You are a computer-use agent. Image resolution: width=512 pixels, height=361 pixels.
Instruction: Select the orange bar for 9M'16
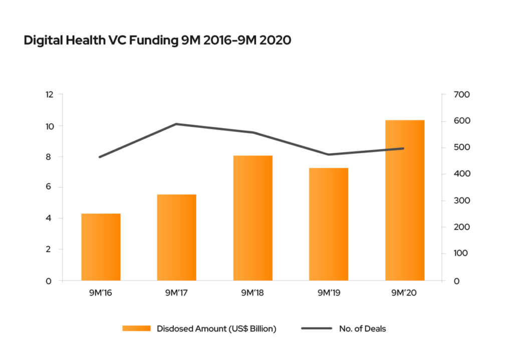click(x=101, y=247)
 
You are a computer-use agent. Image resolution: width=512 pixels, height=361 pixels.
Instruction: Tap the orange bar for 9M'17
click(x=177, y=237)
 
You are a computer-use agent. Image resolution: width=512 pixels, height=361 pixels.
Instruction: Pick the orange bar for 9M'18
click(x=253, y=218)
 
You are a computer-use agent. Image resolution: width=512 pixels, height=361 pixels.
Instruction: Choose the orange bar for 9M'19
click(x=329, y=224)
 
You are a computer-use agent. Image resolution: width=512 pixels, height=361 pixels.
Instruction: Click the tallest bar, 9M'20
click(x=405, y=200)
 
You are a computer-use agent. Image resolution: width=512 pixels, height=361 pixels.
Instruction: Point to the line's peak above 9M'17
click(x=176, y=124)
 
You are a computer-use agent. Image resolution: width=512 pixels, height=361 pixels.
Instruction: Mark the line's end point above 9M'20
click(x=404, y=148)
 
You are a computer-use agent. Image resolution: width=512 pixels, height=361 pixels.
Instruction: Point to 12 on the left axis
click(x=49, y=94)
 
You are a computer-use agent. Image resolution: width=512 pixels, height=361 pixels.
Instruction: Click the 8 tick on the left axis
click(x=50, y=156)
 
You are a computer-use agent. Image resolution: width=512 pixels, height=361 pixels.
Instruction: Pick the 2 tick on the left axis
click(x=50, y=249)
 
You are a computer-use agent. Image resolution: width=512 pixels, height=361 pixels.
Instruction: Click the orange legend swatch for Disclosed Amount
click(x=136, y=328)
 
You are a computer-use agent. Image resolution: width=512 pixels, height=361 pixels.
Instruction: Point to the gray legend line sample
click(x=316, y=328)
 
